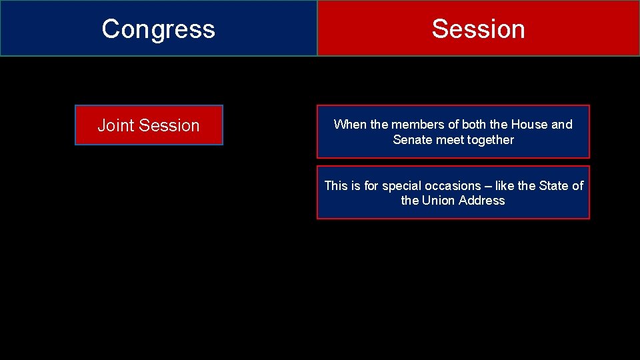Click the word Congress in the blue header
pos(158,29)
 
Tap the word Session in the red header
pos(478,29)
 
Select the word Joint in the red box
pos(115,125)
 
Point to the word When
pos(348,125)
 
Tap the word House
pos(529,125)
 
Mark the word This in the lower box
pos(337,186)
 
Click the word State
pos(554,186)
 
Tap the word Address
pos(481,201)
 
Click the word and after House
pos(562,125)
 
